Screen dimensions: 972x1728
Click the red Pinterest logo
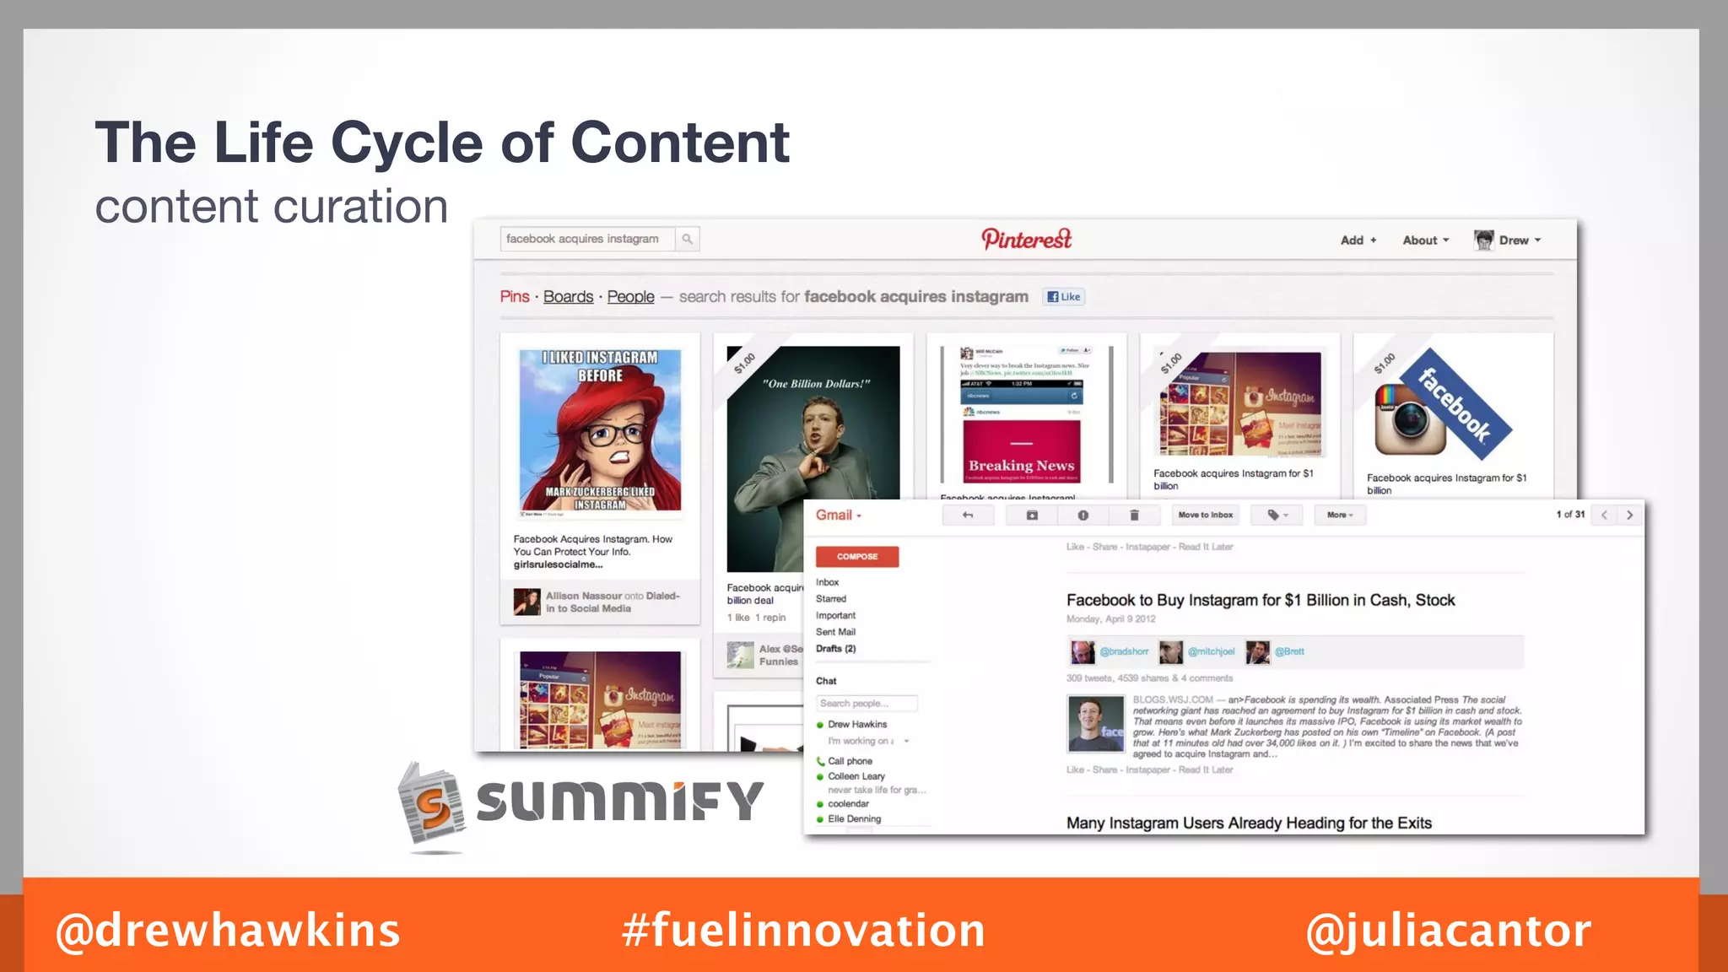click(1026, 240)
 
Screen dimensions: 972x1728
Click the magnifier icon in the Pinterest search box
click(688, 240)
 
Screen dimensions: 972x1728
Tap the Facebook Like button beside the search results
click(1064, 297)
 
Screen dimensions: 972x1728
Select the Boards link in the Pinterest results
click(568, 297)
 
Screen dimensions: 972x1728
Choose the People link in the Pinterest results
click(630, 297)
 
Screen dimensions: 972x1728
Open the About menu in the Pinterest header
click(1425, 240)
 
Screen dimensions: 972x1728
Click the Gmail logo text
click(834, 516)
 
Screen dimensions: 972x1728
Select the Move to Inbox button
click(1205, 515)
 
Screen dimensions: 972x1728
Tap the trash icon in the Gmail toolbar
click(1134, 515)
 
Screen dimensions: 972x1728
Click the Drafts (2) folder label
click(835, 649)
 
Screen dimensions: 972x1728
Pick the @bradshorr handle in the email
click(1124, 651)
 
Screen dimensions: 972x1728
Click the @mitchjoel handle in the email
click(1211, 651)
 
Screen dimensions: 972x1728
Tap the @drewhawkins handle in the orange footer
click(228, 930)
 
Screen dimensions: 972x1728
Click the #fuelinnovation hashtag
click(803, 930)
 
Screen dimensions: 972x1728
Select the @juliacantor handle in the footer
click(1448, 930)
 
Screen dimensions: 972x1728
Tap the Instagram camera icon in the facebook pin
click(1410, 418)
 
